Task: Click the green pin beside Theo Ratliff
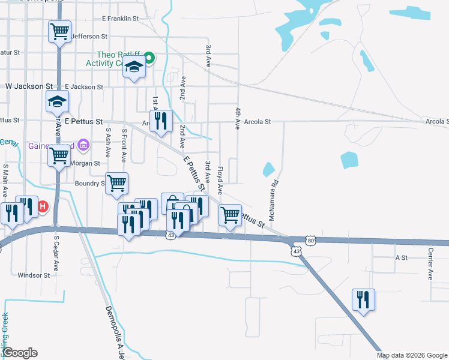coord(149,58)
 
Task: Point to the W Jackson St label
coord(29,86)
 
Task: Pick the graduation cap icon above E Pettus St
coord(58,101)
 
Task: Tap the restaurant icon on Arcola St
coord(161,121)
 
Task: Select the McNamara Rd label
coord(273,200)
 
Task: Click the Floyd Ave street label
coord(220,181)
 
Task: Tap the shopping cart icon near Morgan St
coord(59,156)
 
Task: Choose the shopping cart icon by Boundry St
coord(116,183)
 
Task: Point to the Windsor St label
coord(34,275)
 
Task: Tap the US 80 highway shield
coord(310,241)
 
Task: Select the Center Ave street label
coord(430,265)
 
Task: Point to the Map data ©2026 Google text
coord(411,355)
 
